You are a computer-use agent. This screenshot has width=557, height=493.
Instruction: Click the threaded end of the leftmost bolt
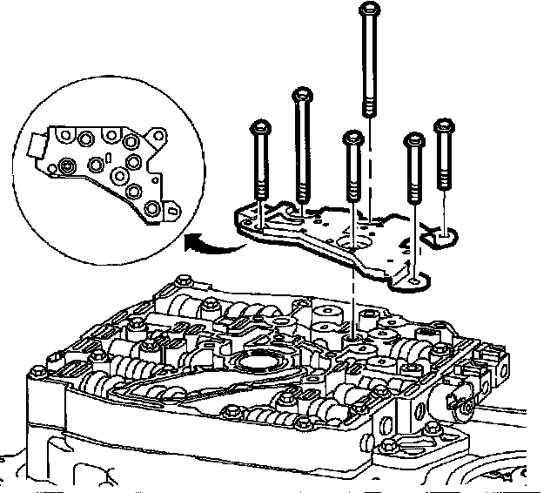[x=259, y=193]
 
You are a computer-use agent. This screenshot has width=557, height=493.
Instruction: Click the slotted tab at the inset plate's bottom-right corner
[x=171, y=210]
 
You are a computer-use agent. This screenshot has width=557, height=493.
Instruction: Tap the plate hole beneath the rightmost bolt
[x=446, y=233]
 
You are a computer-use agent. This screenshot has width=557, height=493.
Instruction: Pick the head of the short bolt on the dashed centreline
[x=352, y=138]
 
